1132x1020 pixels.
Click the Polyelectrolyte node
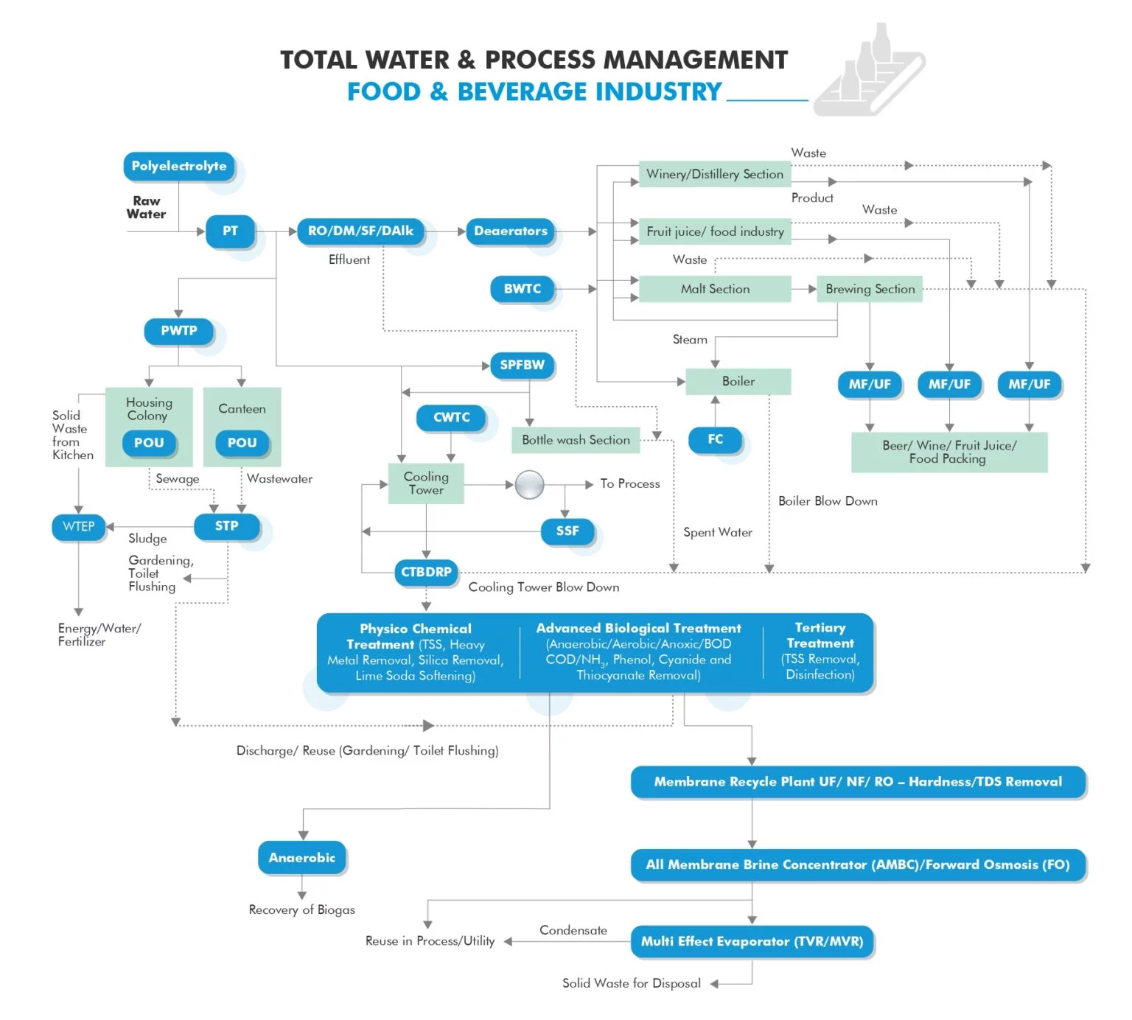pyautogui.click(x=179, y=167)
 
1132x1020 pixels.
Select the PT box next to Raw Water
pyautogui.click(x=230, y=231)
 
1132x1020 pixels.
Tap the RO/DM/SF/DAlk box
pyautogui.click(x=360, y=231)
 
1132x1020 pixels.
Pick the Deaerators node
pyautogui.click(x=510, y=231)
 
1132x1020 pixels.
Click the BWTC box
pyautogui.click(x=522, y=289)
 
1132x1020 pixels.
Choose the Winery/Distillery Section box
pyautogui.click(x=715, y=175)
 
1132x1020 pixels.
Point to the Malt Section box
pyautogui.click(x=715, y=289)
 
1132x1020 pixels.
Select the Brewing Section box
pyautogui.click(x=870, y=289)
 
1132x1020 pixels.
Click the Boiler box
pyautogui.click(x=738, y=382)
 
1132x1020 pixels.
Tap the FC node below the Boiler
pyautogui.click(x=715, y=440)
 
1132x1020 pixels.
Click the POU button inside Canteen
pyautogui.click(x=242, y=443)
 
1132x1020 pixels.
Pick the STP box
pyautogui.click(x=227, y=526)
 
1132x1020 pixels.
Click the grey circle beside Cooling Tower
pyautogui.click(x=529, y=485)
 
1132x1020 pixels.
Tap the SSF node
pyautogui.click(x=567, y=531)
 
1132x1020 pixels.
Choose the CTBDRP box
pyautogui.click(x=426, y=573)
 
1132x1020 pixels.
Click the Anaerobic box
pyautogui.click(x=302, y=858)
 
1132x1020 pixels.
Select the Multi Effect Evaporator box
pyautogui.click(x=752, y=942)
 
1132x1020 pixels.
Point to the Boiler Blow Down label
pyautogui.click(x=828, y=501)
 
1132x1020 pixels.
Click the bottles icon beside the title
pyautogui.click(x=870, y=70)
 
